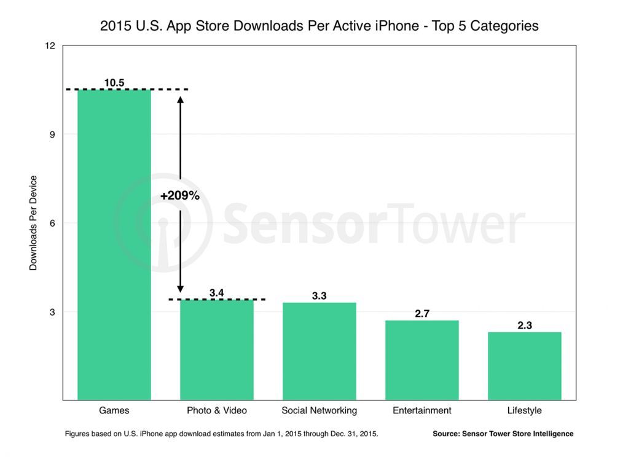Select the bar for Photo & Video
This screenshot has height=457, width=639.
point(216,350)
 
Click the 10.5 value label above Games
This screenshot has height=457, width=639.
point(114,82)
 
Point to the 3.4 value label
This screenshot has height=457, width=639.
point(216,293)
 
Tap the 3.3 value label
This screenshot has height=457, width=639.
point(319,296)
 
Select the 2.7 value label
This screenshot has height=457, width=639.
point(421,313)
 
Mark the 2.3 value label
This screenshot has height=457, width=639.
point(524,326)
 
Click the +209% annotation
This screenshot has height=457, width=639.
point(179,196)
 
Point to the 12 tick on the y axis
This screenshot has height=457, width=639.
point(50,46)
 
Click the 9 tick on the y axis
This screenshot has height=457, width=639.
point(52,135)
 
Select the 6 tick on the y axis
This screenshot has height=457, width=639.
point(52,223)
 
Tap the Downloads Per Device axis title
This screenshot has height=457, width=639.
point(34,223)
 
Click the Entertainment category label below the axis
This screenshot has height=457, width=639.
point(421,410)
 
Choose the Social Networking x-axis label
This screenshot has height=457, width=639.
point(319,410)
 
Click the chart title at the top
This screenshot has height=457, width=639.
point(319,26)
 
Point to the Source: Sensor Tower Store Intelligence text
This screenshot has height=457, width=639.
point(503,434)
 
